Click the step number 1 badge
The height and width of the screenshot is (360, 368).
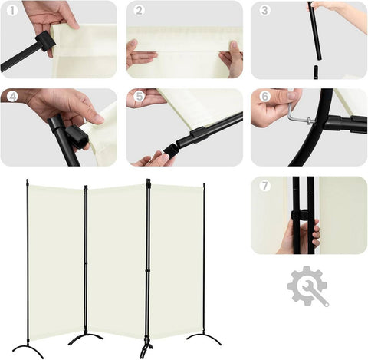12,11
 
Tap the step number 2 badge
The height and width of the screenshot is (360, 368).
139,11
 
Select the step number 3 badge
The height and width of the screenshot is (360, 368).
264,11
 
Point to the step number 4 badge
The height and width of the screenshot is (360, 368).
12,97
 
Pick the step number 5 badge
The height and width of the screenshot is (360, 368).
140,97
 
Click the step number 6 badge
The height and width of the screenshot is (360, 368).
264,97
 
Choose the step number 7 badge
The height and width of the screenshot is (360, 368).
264,186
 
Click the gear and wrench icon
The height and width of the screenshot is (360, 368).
308,286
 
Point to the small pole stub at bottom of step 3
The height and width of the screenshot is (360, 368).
316,72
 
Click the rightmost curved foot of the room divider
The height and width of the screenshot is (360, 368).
204,339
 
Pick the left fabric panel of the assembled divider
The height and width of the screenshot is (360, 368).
56,263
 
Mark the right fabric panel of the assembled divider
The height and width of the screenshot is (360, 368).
177,260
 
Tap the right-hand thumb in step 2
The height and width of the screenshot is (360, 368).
233,47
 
